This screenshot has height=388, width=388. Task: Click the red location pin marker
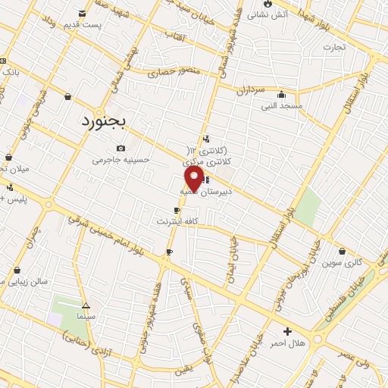pos(194,179)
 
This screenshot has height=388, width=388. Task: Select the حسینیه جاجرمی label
pos(121,161)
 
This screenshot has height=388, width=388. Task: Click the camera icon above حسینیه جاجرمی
pos(121,149)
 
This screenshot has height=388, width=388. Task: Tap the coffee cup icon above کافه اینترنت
pos(177,210)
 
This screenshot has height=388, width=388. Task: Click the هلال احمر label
pos(287,343)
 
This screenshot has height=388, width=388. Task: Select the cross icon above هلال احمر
pos(287,331)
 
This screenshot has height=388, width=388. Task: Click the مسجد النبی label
pos(282,106)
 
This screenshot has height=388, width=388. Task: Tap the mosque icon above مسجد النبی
pos(282,95)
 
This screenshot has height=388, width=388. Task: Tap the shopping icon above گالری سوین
pos(344,251)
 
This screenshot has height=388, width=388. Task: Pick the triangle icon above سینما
pos(85,303)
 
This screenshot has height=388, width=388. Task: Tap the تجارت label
pos(333,47)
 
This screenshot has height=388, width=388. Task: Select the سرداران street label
pos(247,89)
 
